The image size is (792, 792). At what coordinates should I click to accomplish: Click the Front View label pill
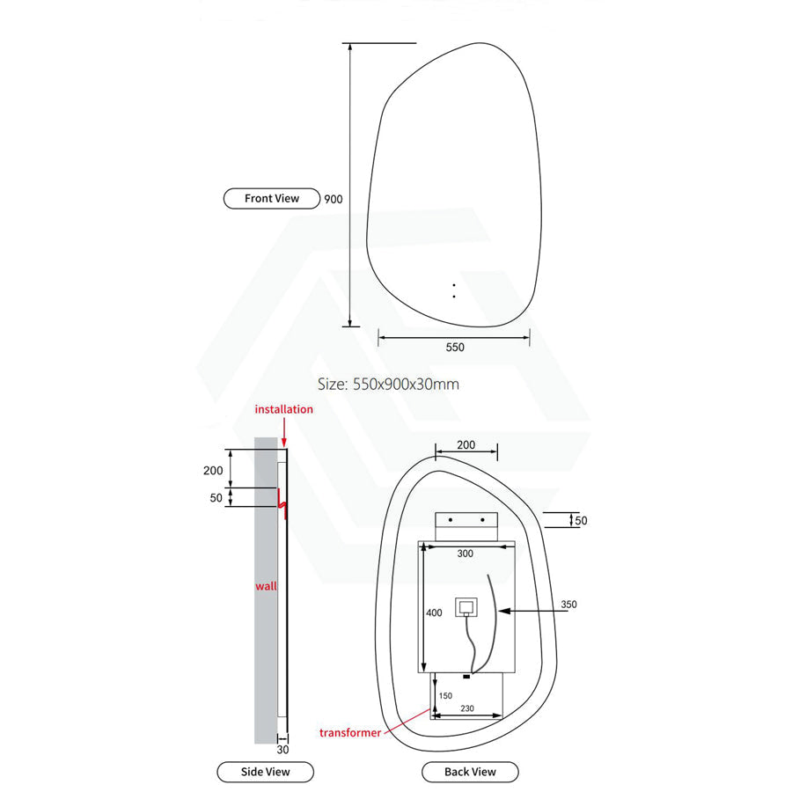coord(272,199)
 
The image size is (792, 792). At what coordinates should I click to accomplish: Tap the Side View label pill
coord(265,772)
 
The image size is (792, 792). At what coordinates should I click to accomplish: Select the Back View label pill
coord(470,772)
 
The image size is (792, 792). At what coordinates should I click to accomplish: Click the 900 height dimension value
coord(334,200)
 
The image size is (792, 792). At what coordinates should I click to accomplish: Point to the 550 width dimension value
coord(455,348)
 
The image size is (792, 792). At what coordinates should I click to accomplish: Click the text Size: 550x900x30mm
coord(388,385)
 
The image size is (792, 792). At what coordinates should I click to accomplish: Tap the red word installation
coord(284,409)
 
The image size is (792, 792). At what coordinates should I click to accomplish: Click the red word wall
coord(266,586)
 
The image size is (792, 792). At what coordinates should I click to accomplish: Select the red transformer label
coord(350,733)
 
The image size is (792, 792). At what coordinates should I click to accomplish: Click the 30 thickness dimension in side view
coord(282,750)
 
